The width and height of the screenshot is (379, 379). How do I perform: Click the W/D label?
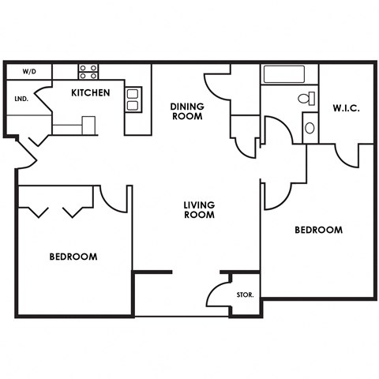(x=29, y=72)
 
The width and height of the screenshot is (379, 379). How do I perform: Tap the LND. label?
(x=21, y=99)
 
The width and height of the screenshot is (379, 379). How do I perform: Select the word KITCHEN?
(x=91, y=93)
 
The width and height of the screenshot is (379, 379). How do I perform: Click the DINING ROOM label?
(x=188, y=111)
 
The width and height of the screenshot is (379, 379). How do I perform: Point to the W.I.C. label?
(x=346, y=108)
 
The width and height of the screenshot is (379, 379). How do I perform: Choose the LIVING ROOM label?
(x=199, y=209)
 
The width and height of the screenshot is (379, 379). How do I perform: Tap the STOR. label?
(x=245, y=295)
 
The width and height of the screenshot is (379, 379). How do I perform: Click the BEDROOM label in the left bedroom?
(x=73, y=257)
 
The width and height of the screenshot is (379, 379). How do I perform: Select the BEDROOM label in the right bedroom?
(x=318, y=231)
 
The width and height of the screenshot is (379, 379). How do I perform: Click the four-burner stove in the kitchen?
(x=88, y=71)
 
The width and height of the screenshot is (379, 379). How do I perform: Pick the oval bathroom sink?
(x=310, y=127)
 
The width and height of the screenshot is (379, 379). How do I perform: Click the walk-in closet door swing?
(x=347, y=155)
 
